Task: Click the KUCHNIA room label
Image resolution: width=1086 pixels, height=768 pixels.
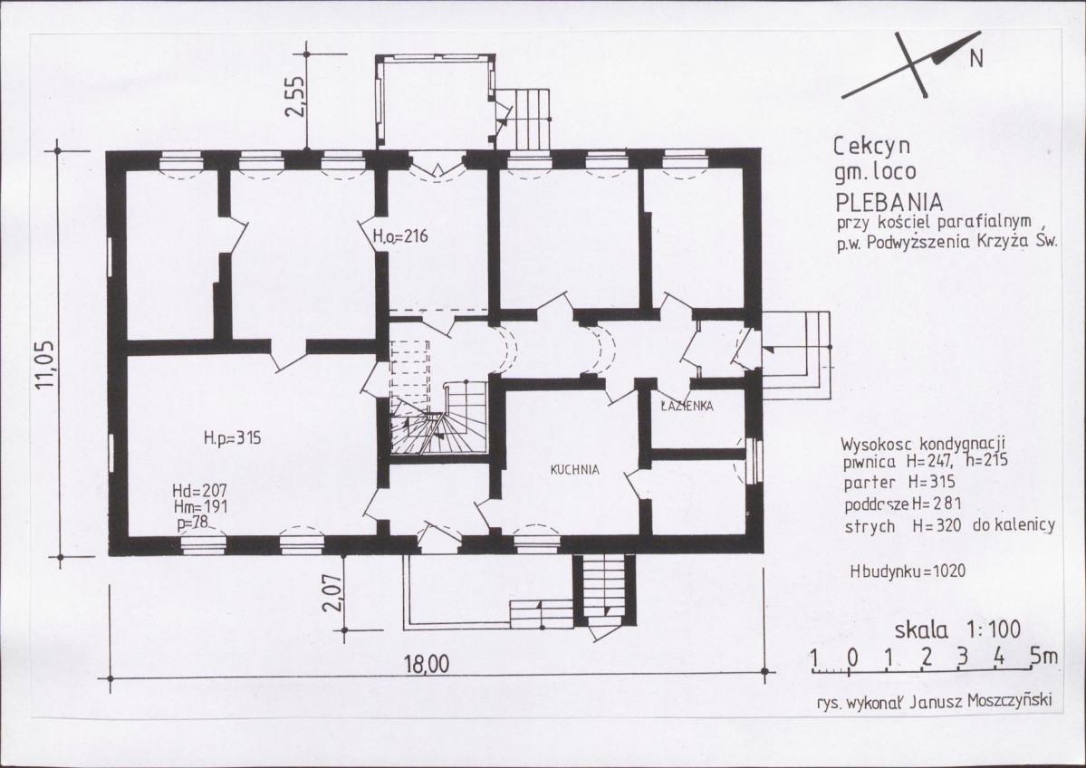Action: pos(574,469)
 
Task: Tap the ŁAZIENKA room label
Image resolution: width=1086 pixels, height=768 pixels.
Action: pos(687,407)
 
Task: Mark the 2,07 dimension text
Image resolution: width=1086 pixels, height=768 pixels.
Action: pos(333,592)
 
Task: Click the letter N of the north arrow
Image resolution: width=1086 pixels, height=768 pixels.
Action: pos(975,60)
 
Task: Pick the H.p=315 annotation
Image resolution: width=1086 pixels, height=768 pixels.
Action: pos(232,437)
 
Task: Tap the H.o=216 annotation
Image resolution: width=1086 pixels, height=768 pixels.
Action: pos(399,236)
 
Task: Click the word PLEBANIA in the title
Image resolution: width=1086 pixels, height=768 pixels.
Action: pos(889,202)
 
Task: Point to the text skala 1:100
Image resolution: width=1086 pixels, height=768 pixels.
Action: pos(958,629)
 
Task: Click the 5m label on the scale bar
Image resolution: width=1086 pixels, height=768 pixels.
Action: pos(1043,656)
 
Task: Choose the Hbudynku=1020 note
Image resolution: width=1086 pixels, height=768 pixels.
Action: pos(908,571)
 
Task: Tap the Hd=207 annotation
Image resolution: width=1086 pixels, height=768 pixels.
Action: pos(199,491)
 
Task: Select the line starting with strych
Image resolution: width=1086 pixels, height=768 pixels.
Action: pos(949,525)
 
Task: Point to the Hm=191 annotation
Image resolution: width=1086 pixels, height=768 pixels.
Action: pos(201,507)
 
